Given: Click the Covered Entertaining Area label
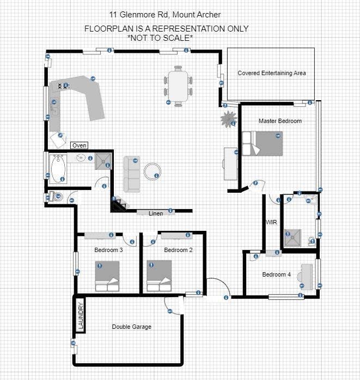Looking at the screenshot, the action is coord(272,73).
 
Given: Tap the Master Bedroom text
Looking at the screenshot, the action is coord(280,121).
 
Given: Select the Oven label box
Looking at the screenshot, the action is coord(80,145).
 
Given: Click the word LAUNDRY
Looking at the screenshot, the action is coord(81,316).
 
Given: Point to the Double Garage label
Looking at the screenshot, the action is coord(132,327).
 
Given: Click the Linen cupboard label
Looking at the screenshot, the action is coord(156,213).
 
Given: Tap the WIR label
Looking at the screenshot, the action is coord(271,222).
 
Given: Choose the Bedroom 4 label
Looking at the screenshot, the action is coord(276,274).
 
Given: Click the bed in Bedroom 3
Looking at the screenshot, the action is coord(107,276).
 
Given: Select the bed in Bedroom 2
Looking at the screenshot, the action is coord(159,275).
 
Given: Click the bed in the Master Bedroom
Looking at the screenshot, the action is coord(263,144).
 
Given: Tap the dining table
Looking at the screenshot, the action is coord(178,86).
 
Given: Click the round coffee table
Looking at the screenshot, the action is coord(152,171).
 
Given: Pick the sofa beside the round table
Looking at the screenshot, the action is coord(132,174).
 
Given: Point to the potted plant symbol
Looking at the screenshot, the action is coord(228,119).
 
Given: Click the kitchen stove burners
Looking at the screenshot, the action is coord(63,85).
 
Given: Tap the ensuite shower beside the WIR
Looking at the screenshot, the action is coord(292,238).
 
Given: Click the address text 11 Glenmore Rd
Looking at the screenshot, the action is coord(138,15).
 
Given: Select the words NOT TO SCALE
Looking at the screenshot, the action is coord(160,38).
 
